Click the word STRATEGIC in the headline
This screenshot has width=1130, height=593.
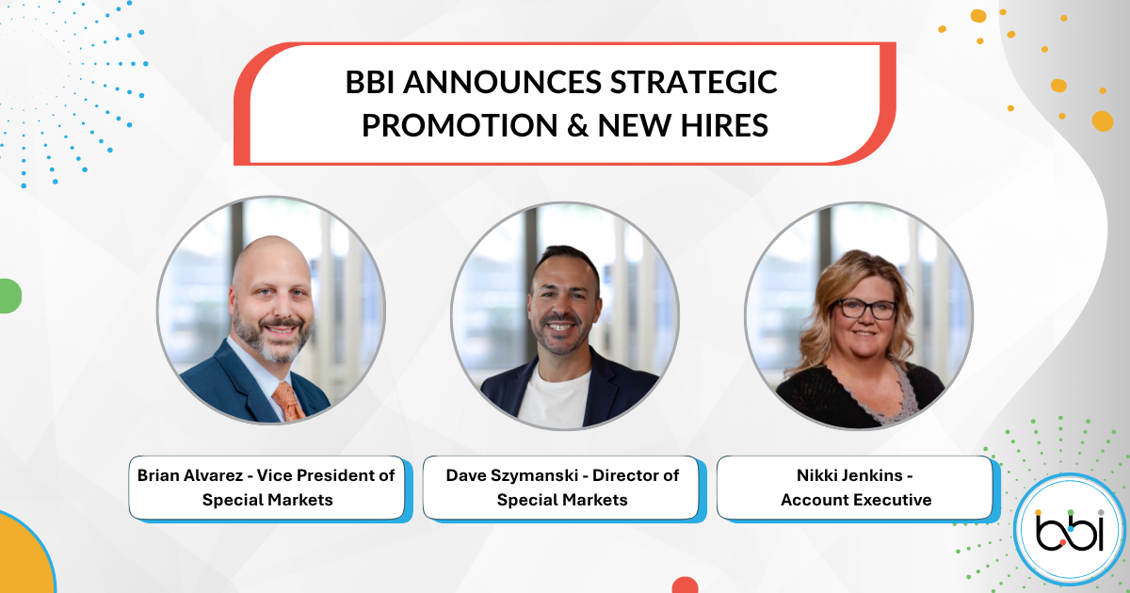pyautogui.click(x=694, y=82)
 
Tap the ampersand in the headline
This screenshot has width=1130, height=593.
pyautogui.click(x=577, y=125)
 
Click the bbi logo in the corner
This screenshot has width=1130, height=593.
pyautogui.click(x=1070, y=529)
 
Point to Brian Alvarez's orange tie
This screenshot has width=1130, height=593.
pyautogui.click(x=289, y=401)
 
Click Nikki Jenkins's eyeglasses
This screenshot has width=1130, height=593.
pyautogui.click(x=864, y=309)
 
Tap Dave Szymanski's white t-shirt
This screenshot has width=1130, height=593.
pyautogui.click(x=553, y=397)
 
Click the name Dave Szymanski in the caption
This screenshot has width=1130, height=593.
pyautogui.click(x=512, y=475)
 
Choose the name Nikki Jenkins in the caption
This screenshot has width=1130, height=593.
pyautogui.click(x=849, y=475)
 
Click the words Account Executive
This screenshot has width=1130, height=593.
pyautogui.click(x=856, y=500)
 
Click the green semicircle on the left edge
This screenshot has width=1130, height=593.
pyautogui.click(x=10, y=296)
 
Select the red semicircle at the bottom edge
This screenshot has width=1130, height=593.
pyautogui.click(x=686, y=585)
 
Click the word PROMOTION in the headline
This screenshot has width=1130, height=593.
pyautogui.click(x=460, y=125)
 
